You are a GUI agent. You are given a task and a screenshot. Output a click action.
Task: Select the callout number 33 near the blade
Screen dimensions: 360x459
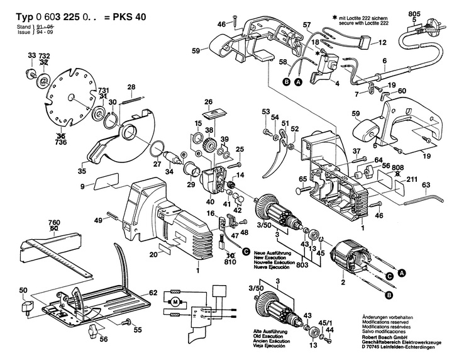(x=32, y=56)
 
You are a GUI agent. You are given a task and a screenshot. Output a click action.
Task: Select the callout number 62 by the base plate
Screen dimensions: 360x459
(x=153, y=292)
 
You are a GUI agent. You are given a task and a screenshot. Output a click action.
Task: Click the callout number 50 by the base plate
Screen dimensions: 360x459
(x=23, y=290)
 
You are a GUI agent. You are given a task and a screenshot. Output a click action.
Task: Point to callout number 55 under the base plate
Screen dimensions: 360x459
(x=138, y=329)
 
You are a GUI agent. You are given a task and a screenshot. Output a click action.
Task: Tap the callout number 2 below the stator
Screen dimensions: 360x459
(x=343, y=283)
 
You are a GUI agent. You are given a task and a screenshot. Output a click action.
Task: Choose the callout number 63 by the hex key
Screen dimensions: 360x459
(x=426, y=185)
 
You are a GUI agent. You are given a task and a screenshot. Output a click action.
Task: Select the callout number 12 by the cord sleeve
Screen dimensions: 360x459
(x=382, y=44)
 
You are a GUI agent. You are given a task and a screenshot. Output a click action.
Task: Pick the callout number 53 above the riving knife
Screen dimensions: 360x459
(x=265, y=111)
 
